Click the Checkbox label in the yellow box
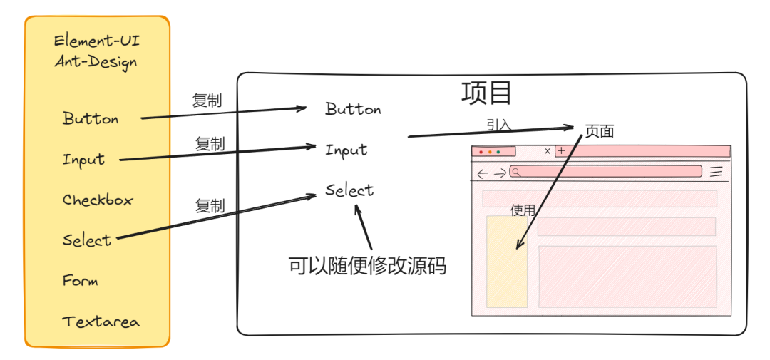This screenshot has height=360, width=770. [98, 200]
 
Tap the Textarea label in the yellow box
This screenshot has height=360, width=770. [101, 322]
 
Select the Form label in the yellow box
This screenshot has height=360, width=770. [80, 281]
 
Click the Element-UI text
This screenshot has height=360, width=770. [97, 41]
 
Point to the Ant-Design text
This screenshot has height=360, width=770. [96, 62]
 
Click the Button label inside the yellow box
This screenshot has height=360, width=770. [91, 119]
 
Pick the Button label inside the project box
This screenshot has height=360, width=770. [353, 109]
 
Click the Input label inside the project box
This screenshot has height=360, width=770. [346, 150]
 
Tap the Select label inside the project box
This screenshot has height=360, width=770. [349, 190]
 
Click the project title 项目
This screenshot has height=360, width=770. [487, 93]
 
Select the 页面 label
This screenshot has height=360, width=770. [600, 131]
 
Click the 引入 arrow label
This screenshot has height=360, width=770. [499, 125]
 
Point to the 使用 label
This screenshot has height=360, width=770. [523, 210]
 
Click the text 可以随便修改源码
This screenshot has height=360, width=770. [367, 266]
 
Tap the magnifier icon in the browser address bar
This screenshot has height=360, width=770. [515, 172]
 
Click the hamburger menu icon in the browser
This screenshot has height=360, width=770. [717, 172]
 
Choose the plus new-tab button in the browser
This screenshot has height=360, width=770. [561, 151]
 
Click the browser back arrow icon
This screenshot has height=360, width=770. [483, 173]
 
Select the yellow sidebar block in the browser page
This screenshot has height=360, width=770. [507, 262]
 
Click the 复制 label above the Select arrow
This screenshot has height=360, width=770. [210, 207]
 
